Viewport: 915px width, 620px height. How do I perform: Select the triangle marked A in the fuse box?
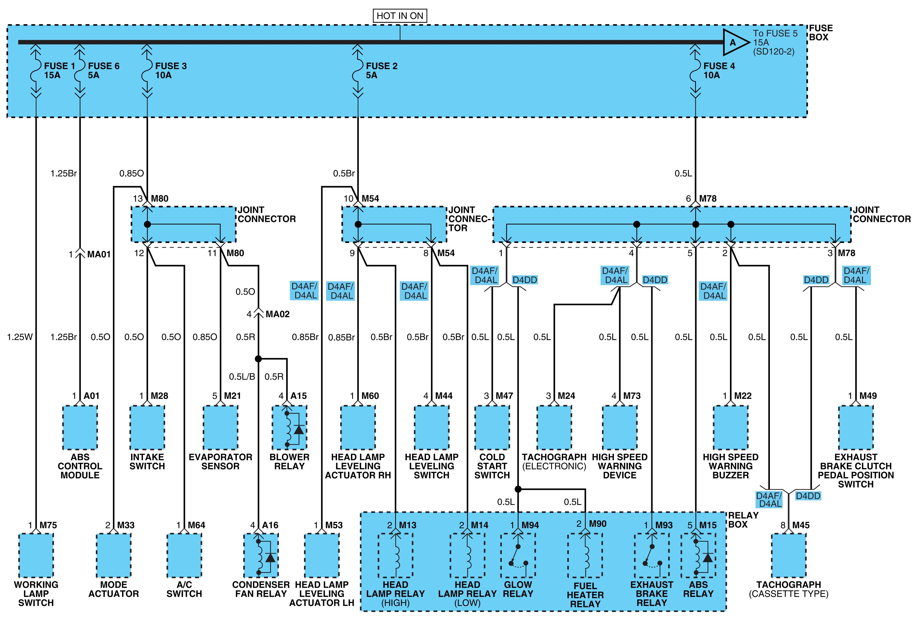(x=735, y=42)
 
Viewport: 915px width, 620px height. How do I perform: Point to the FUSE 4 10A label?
(x=719, y=70)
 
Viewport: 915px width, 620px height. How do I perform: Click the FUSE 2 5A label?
(x=382, y=70)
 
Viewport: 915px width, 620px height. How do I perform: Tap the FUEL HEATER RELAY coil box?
(x=585, y=555)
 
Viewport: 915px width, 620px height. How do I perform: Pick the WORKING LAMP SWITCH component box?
(x=36, y=555)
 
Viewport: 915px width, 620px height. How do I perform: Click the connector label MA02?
(x=277, y=314)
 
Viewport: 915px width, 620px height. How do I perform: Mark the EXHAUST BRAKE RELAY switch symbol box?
(x=652, y=555)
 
